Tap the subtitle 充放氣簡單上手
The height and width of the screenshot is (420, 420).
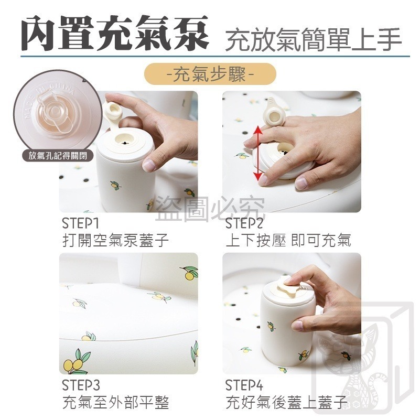314,39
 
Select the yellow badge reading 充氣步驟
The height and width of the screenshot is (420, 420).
210,74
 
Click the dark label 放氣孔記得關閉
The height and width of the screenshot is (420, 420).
58,155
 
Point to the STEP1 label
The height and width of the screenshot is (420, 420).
81,223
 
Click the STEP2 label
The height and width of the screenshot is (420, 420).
244,223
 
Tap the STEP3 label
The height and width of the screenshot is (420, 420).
81,385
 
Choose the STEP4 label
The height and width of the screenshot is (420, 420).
244,385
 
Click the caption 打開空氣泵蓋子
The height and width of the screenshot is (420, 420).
115,240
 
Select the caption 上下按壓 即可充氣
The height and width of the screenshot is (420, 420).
288,240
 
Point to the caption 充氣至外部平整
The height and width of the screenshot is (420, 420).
115,402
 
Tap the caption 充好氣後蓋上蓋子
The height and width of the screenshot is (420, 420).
287,402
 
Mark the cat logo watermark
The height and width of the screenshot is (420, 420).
364,359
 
